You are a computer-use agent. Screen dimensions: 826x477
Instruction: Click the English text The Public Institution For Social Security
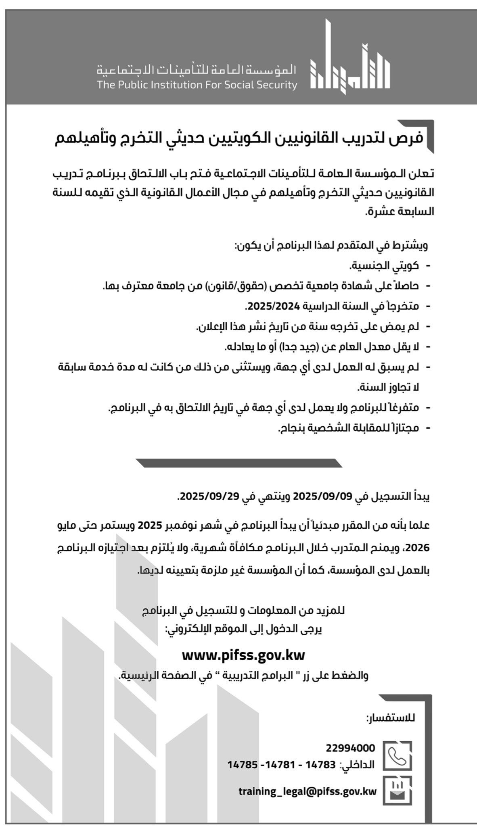tap(197, 85)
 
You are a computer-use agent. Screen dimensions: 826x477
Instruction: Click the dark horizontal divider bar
tap(239, 463)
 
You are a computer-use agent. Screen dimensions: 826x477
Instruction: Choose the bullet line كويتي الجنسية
tap(383, 266)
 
